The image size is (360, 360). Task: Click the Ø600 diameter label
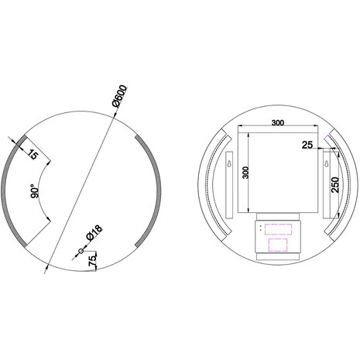(119, 98)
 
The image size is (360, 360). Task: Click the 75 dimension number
(92, 261)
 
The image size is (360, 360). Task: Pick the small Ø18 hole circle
(81, 252)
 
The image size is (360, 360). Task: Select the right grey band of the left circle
(152, 190)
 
